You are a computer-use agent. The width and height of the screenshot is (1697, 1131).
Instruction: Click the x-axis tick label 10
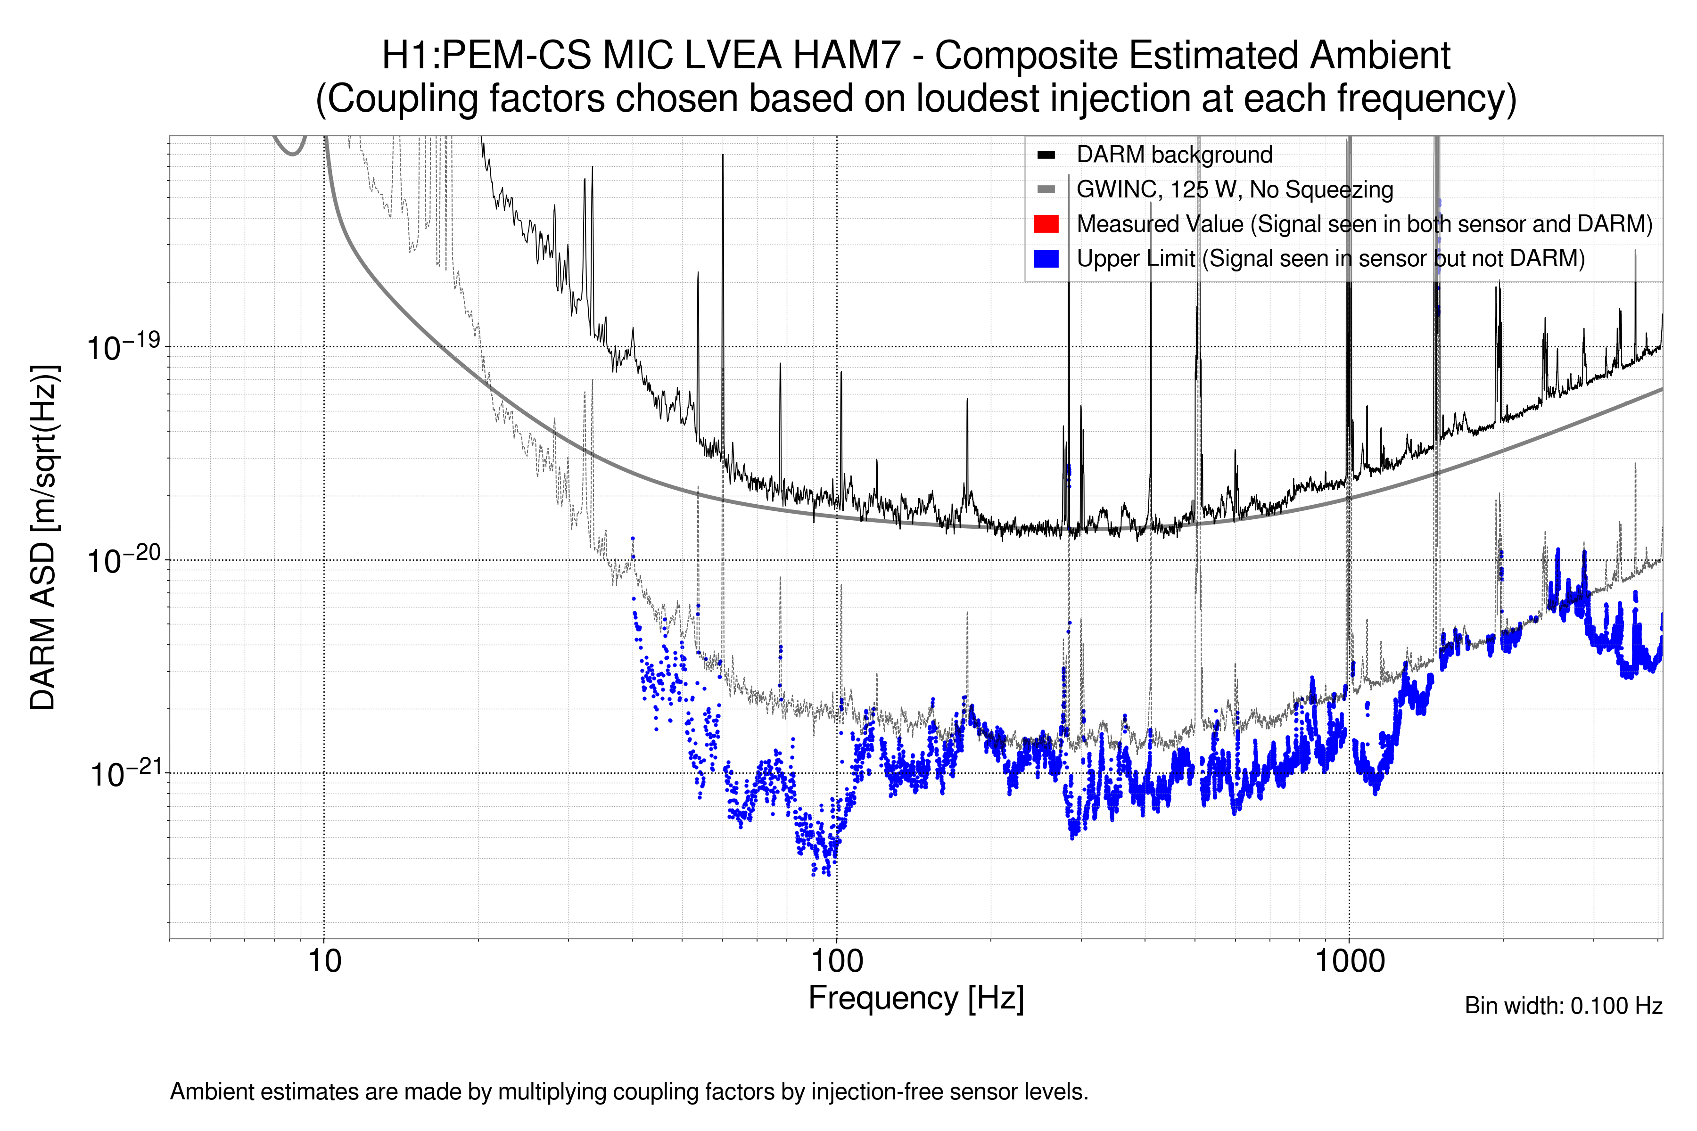point(324,961)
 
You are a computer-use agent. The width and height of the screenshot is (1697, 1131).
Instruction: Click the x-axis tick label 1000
point(1349,961)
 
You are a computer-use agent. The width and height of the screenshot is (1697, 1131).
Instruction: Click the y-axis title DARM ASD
point(44,537)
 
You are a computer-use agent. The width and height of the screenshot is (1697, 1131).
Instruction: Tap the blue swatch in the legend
point(1046,258)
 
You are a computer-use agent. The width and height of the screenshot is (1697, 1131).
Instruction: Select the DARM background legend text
point(1174,155)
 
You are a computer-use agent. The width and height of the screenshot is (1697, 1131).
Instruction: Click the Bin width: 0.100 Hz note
point(1563,1006)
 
